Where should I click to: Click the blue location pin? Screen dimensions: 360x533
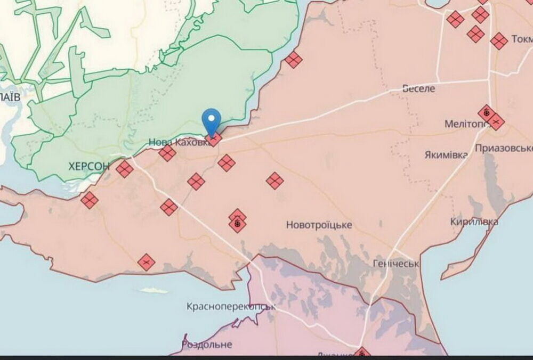(212, 120)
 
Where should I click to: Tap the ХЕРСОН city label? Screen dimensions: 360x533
(89, 166)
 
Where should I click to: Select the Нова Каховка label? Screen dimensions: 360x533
(176, 142)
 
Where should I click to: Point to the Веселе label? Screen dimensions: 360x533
(418, 88)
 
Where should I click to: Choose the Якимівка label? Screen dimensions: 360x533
(446, 155)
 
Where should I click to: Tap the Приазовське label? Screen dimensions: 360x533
(504, 148)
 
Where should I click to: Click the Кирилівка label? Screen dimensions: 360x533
(474, 222)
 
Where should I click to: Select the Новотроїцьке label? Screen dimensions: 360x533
(319, 225)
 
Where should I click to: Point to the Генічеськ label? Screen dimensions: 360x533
(396, 264)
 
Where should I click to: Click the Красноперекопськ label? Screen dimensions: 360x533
(231, 307)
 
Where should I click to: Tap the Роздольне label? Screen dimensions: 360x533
(207, 344)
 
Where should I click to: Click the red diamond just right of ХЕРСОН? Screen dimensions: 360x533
(125, 169)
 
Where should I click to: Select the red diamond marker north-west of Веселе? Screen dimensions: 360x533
(293, 60)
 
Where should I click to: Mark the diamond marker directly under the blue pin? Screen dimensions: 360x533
(214, 139)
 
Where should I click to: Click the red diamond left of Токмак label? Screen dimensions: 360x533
(499, 41)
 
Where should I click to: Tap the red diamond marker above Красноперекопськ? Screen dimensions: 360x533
(146, 262)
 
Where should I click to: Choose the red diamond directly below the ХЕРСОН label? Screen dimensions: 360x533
(90, 200)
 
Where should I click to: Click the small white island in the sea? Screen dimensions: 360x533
(154, 290)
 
